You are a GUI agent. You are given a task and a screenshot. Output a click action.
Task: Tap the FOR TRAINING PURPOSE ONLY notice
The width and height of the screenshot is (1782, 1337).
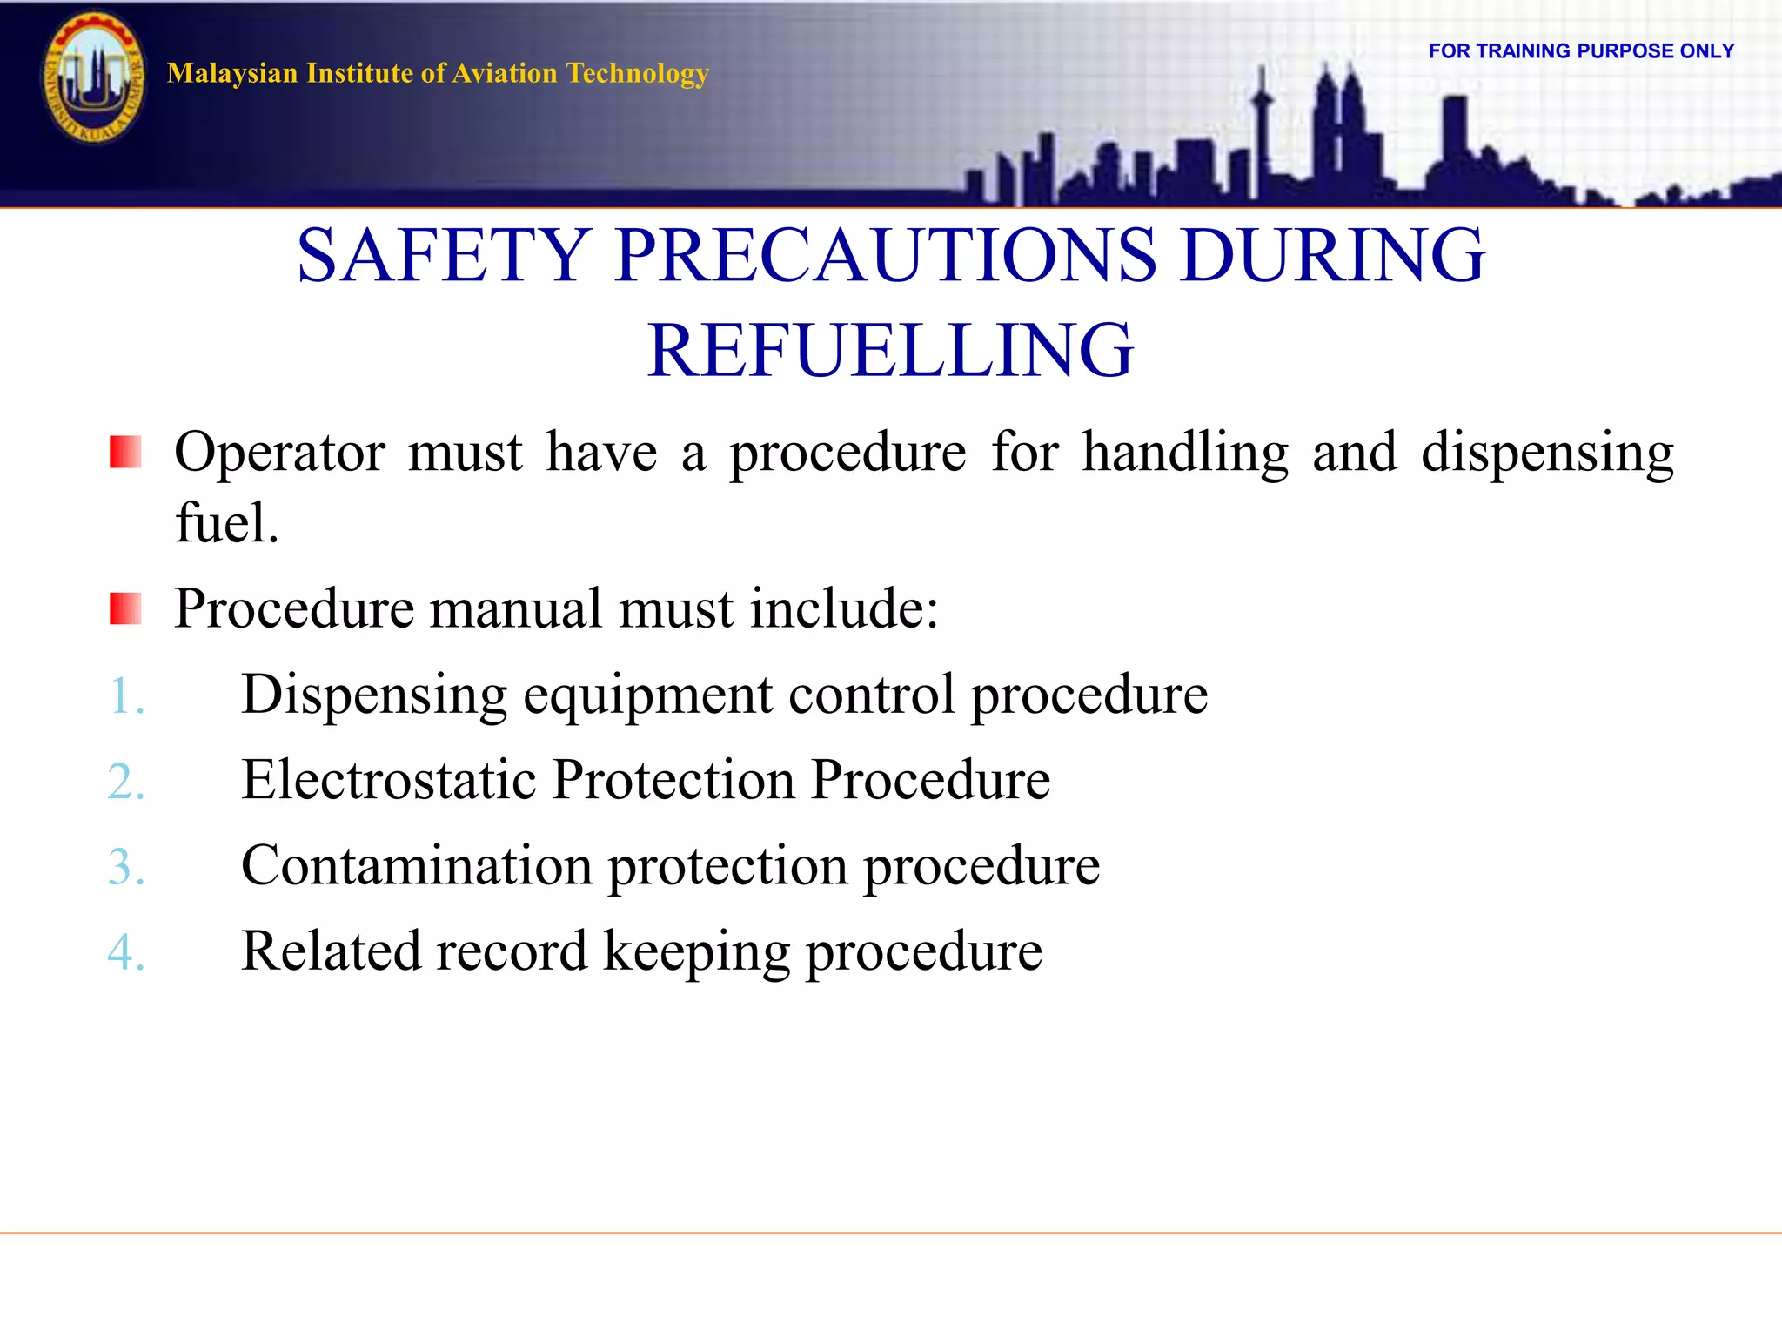1581,51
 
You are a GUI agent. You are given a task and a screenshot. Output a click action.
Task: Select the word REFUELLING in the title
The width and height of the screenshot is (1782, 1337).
890,350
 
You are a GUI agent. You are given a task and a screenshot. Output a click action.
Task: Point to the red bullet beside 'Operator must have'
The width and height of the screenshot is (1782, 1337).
125,453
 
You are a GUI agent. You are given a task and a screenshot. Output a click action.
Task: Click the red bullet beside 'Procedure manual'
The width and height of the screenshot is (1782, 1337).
125,608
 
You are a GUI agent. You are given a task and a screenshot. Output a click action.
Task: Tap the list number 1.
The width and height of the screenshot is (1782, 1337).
125,696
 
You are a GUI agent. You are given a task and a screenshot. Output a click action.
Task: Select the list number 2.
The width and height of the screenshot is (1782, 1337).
125,781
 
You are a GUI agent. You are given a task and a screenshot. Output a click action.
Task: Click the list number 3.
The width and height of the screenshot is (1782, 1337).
125,867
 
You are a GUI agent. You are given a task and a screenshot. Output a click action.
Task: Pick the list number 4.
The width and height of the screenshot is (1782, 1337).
125,951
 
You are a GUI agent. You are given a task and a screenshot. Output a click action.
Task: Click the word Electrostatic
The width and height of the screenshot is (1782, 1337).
388,779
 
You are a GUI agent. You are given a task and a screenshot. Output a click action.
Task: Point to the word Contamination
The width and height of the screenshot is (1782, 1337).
417,865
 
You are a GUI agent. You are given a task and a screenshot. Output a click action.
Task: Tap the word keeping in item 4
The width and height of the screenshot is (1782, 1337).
696,951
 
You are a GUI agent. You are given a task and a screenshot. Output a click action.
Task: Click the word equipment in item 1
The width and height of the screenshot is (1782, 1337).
647,695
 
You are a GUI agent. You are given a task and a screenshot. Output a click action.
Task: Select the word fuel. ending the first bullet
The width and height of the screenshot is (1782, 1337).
226,523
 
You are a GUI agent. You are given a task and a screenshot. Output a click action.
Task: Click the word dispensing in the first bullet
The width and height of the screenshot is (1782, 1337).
1546,453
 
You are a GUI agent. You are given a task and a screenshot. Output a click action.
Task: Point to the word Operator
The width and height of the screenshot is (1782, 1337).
279,453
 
